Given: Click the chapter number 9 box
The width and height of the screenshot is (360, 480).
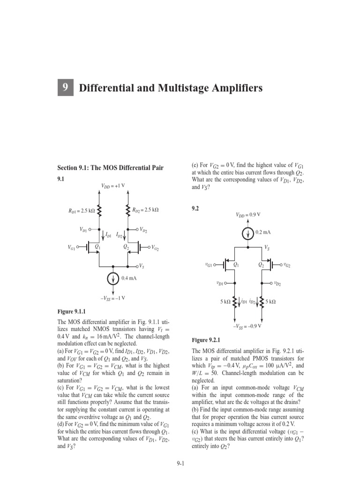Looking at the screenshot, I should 66,88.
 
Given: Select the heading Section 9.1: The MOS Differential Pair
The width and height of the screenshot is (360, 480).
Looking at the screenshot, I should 110,167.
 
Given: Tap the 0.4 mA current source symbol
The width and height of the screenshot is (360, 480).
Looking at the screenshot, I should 113,279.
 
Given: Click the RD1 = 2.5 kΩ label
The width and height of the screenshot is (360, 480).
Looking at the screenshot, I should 82,210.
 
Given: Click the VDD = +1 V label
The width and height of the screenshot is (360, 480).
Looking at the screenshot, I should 113,186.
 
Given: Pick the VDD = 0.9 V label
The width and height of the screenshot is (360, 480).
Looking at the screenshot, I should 248,215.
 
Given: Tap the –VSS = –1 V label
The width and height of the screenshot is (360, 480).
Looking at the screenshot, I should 112,298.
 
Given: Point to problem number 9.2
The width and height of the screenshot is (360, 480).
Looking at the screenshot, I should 196,209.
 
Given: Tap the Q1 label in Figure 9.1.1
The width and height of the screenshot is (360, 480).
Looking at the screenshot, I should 97,246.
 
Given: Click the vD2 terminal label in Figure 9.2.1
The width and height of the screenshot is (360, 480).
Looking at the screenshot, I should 277,284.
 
